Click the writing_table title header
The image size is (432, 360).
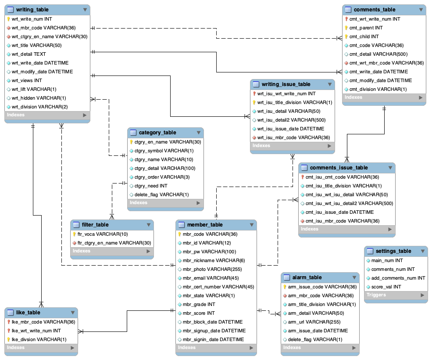[32, 10]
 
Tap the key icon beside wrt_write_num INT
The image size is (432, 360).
[8, 19]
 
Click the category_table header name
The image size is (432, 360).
[157, 133]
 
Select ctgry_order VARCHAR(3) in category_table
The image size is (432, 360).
[159, 177]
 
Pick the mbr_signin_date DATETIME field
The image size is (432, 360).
[213, 339]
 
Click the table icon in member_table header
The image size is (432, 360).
[182, 225]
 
